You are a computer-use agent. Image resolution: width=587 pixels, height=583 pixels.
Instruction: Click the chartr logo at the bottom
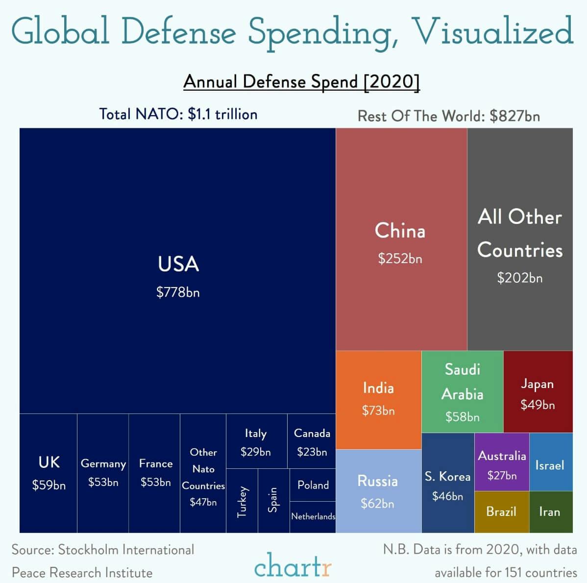pyautogui.click(x=293, y=566)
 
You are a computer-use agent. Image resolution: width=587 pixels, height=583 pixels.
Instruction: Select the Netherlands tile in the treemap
pyautogui.click(x=313, y=516)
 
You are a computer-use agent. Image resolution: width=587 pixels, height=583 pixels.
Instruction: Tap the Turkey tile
pyautogui.click(x=242, y=501)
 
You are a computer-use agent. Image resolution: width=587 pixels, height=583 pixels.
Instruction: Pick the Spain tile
pyautogui.click(x=273, y=500)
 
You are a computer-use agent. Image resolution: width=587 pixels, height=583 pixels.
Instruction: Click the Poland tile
pyautogui.click(x=313, y=485)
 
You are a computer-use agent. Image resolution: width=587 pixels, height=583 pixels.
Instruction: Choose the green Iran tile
pyautogui.click(x=550, y=512)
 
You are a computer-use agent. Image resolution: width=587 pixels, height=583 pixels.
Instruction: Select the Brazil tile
pyautogui.click(x=501, y=512)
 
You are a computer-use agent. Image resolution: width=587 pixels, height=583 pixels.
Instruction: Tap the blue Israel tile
pyautogui.click(x=550, y=465)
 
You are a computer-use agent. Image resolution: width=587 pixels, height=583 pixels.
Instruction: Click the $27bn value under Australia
pyautogui.click(x=502, y=476)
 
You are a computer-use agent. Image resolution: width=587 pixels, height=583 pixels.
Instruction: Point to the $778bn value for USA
pyautogui.click(x=178, y=292)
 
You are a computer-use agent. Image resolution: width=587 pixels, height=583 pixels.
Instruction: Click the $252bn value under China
pyautogui.click(x=400, y=259)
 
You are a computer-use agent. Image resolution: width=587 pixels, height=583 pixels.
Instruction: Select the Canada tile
pyautogui.click(x=312, y=441)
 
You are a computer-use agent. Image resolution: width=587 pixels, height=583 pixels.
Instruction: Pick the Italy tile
pyautogui.click(x=256, y=441)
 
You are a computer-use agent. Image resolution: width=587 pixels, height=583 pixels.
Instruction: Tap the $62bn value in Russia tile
pyautogui.click(x=377, y=504)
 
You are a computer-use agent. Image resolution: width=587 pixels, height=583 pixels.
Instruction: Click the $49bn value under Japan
pyautogui.click(x=538, y=405)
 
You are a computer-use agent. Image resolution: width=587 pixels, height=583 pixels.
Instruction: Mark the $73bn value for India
pyautogui.click(x=378, y=411)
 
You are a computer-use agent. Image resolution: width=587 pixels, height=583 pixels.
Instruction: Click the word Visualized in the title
pyautogui.click(x=492, y=31)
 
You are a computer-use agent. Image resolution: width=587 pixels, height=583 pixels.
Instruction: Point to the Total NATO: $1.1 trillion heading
pyautogui.click(x=178, y=114)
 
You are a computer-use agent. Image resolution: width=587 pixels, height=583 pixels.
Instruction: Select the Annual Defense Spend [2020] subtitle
pyautogui.click(x=301, y=81)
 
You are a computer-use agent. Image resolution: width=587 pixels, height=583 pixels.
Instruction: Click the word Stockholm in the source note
pyautogui.click(x=88, y=550)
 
